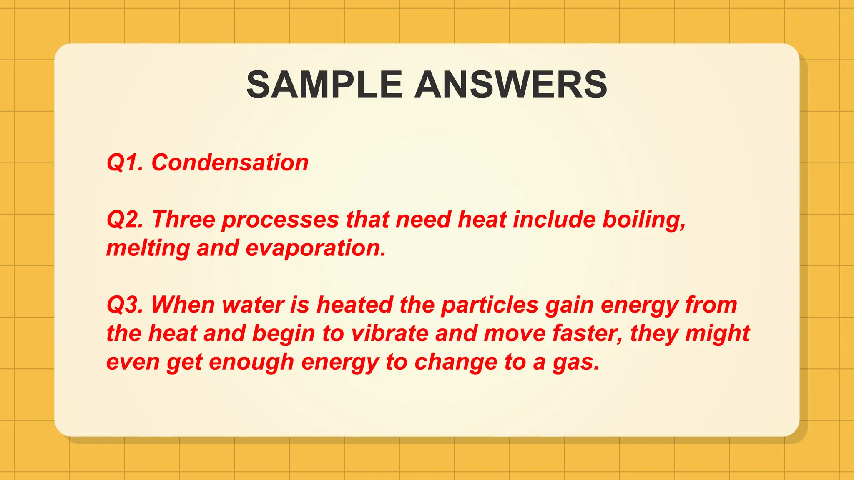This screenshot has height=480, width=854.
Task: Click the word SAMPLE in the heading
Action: point(324,85)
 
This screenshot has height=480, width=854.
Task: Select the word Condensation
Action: point(230,162)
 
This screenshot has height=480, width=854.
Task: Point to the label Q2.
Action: point(125,220)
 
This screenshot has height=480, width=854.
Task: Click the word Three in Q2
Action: point(183,220)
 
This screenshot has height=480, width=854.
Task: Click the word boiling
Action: point(644,220)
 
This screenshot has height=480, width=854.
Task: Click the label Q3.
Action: point(125,305)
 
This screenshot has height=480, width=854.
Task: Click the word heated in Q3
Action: point(355,305)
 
